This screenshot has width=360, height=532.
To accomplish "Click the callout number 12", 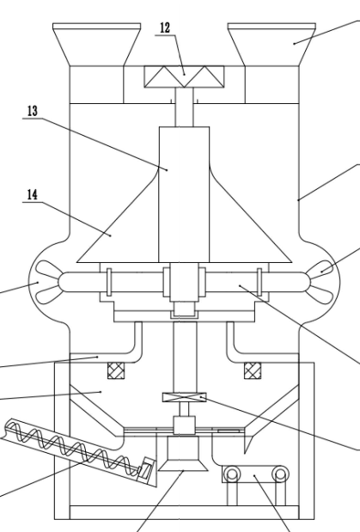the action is click(165, 28).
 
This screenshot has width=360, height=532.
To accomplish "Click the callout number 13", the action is click(33, 111).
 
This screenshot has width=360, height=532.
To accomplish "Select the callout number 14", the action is click(33, 195).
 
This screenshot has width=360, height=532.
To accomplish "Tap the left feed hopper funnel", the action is click(97, 44).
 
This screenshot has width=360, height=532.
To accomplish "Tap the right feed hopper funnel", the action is click(272, 44).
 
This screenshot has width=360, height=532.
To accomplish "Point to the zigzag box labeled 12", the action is click(184, 76).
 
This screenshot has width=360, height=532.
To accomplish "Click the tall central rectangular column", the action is click(184, 194).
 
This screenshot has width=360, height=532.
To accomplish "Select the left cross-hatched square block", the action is click(116, 370).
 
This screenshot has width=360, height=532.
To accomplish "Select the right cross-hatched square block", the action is click(253, 370).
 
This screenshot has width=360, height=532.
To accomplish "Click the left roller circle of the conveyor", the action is click(232, 474).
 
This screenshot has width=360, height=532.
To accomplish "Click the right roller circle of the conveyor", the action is click(280, 474).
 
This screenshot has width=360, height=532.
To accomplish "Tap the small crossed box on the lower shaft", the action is click(184, 397).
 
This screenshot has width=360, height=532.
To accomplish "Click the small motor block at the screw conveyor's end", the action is click(147, 468).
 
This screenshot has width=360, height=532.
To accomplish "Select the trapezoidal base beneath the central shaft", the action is click(183, 454).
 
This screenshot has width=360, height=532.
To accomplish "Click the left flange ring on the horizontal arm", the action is click(109, 282).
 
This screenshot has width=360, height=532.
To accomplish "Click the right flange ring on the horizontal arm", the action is click(259, 282).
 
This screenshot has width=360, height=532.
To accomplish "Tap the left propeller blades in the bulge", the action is click(47, 282).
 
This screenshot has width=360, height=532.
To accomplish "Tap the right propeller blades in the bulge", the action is click(320, 282).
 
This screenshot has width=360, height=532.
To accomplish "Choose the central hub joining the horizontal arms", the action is click(184, 282).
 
